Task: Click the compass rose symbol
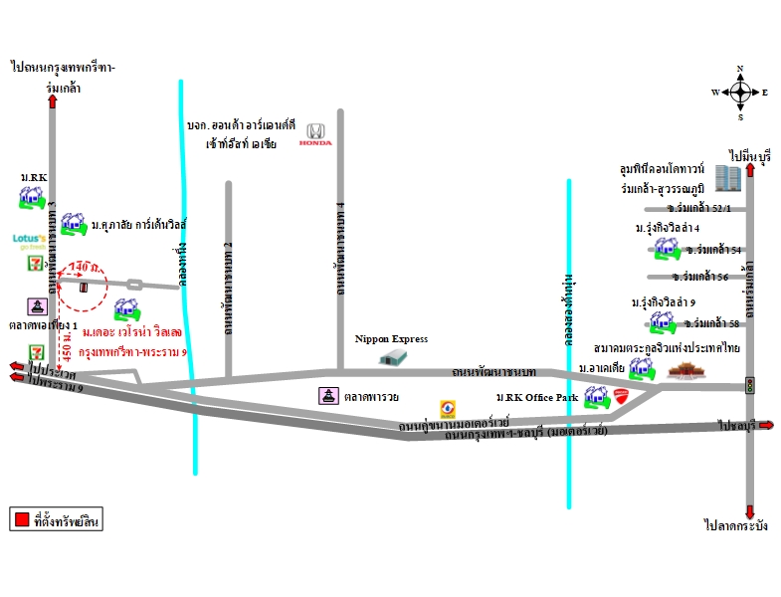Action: click(x=740, y=93)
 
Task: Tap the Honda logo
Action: click(x=316, y=135)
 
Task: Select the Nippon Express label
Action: click(x=391, y=339)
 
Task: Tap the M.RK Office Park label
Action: click(x=537, y=398)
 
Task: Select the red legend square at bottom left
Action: click(x=20, y=518)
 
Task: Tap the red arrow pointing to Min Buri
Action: click(x=751, y=170)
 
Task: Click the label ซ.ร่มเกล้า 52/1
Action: click(x=702, y=209)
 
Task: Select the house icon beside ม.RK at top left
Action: click(x=32, y=198)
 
